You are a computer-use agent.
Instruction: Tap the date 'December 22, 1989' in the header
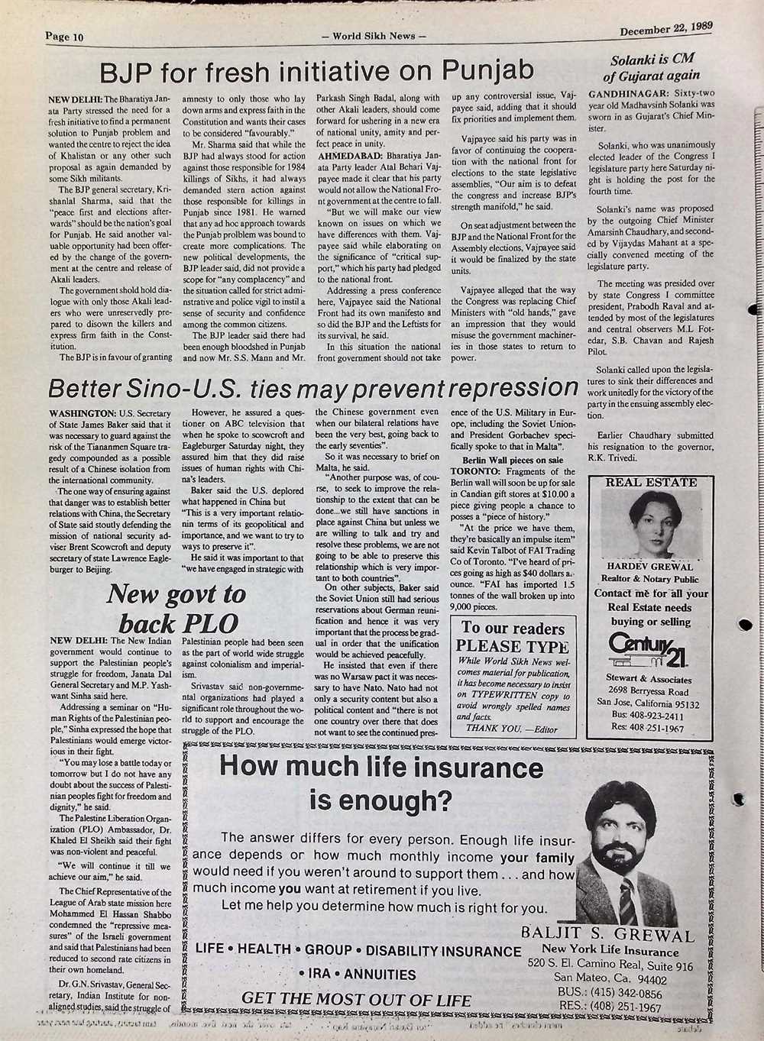(x=665, y=29)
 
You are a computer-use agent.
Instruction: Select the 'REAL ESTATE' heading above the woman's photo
(x=650, y=482)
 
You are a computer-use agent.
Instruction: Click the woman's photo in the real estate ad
(x=649, y=524)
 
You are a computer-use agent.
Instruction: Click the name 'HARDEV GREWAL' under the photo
(x=650, y=567)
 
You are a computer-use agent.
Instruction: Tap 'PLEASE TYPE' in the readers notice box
(x=513, y=647)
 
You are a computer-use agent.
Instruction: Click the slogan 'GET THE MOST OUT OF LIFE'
(x=356, y=999)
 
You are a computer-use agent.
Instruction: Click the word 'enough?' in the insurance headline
(x=380, y=800)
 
